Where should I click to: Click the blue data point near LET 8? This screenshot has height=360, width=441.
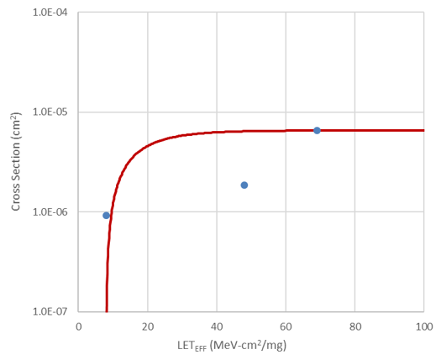(106, 216)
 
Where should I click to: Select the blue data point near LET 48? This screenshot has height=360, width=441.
(244, 185)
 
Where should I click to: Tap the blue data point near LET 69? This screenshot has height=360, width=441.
(317, 130)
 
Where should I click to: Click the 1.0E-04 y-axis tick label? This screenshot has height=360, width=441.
(50, 13)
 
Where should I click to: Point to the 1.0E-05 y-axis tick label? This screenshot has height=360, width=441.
(50, 112)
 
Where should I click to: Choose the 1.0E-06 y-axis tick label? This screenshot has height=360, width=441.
(50, 212)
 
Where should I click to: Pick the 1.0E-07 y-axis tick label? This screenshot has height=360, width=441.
(50, 311)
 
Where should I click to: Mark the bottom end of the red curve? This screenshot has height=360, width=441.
(107, 310)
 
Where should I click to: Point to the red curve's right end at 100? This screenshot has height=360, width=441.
(423, 130)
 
